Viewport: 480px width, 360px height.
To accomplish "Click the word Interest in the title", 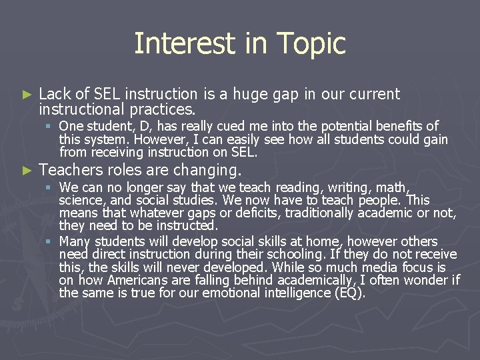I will coord(176,43).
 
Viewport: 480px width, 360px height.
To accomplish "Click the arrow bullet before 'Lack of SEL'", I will coord(27,95).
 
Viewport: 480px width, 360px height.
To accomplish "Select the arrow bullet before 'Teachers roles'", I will coord(27,170).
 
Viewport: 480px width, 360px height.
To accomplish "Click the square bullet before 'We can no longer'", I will coord(49,187).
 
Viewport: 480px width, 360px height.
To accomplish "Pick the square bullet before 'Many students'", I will coord(49,241).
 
